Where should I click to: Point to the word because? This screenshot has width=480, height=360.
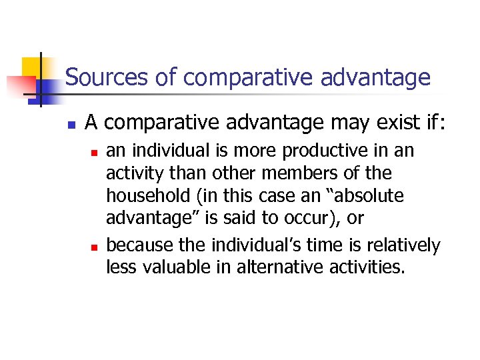[137, 245]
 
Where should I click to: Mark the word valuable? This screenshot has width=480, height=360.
[183, 268]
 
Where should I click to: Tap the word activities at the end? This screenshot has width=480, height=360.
[368, 268]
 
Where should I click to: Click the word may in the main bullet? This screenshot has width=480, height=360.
[291, 123]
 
